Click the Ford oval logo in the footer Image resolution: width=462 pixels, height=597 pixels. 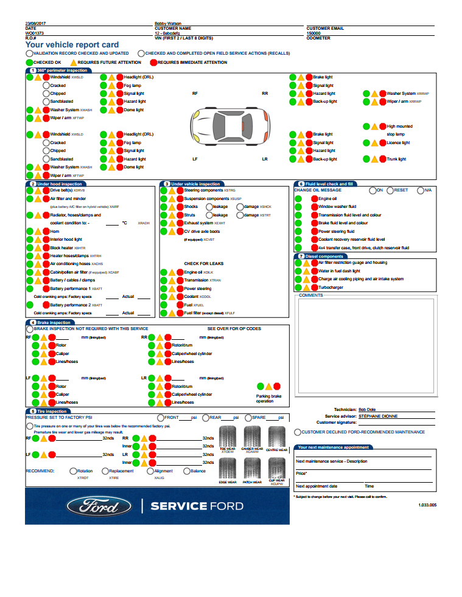99,506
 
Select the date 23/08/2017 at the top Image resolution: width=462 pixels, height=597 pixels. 36,24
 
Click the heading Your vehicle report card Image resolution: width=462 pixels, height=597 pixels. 72,45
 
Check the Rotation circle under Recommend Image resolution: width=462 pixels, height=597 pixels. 73,471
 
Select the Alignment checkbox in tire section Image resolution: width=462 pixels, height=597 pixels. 150,471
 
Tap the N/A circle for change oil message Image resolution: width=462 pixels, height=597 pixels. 420,190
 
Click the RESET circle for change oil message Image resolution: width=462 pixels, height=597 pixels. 390,190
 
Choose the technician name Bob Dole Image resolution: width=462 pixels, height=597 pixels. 367,410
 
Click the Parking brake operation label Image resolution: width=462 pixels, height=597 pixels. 268,398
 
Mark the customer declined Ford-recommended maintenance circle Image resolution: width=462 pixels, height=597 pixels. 297,432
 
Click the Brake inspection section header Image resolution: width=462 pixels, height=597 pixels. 54,322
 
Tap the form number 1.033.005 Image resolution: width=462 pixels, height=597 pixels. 427,505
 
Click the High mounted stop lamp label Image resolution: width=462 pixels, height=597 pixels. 399,130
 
